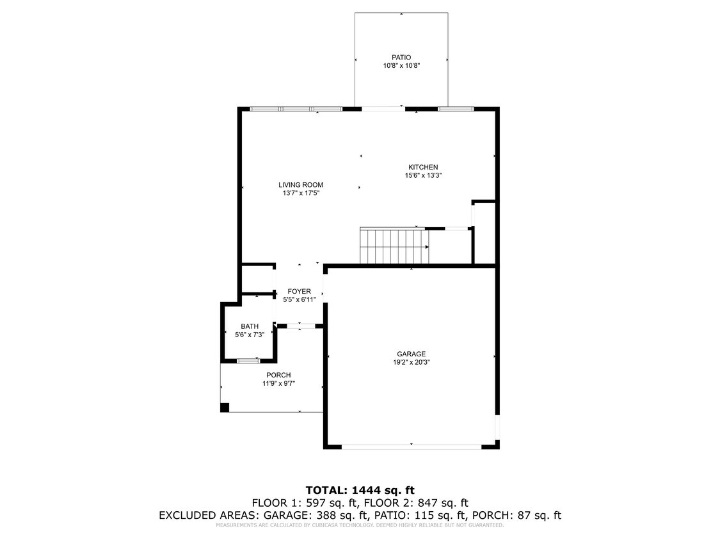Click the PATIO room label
click(401, 57)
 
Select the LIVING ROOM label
click(300, 184)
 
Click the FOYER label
click(299, 291)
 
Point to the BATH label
click(250, 326)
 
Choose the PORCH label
click(278, 375)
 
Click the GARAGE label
click(411, 354)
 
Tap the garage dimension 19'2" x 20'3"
click(411, 362)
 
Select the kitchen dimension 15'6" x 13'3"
click(423, 175)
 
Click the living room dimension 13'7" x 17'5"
click(300, 193)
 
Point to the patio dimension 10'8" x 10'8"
click(401, 65)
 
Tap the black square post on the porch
click(225, 407)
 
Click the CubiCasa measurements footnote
click(360, 525)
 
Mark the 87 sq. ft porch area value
click(539, 515)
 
